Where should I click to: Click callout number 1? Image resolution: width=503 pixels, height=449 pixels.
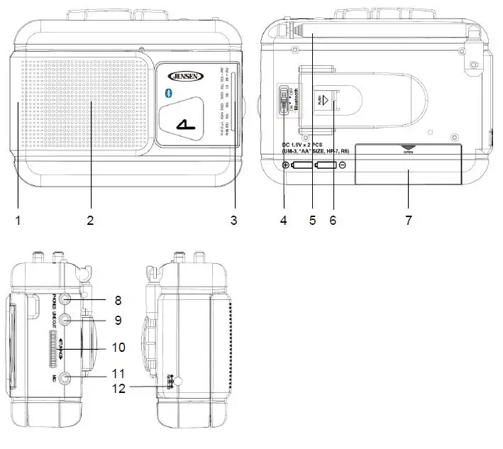pos(18,221)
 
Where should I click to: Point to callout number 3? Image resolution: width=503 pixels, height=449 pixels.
pos(233,221)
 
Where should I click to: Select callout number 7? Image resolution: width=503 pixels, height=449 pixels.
pos(408,221)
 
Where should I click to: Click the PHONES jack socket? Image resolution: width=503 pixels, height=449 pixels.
pos(65,299)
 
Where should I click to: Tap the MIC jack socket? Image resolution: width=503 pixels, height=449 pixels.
pos(65,378)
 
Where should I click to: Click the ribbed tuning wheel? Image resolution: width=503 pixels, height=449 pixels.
pos(55,348)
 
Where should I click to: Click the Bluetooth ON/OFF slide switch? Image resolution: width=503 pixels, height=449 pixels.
pos(284,100)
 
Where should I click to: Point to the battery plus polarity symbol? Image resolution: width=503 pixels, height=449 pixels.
pos(286,166)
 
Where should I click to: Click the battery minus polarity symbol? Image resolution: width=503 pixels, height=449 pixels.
pos(343,166)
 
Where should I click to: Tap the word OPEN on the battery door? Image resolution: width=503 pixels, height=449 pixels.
pos(408,151)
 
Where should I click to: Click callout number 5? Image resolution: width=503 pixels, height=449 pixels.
pos(311,221)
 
